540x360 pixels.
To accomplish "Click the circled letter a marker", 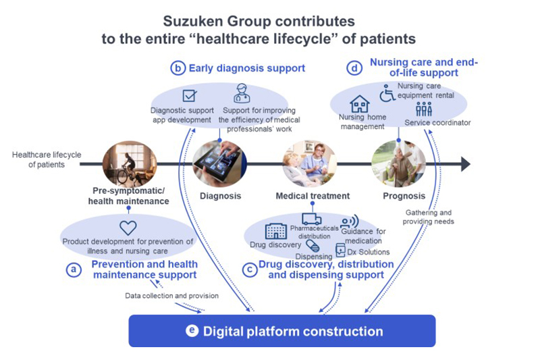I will (x=73, y=269).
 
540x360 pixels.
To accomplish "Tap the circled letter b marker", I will (x=178, y=68).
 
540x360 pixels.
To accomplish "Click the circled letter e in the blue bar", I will (x=192, y=331).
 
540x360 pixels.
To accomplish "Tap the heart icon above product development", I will (x=128, y=228).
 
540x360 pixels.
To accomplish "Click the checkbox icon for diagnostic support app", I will (x=190, y=97).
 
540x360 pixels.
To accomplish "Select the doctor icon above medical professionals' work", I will (x=242, y=93).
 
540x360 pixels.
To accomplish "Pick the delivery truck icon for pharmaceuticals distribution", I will (x=312, y=219).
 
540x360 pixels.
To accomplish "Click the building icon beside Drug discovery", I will (x=275, y=231).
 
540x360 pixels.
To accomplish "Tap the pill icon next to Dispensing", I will (x=312, y=247).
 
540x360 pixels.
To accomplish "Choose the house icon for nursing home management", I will (x=360, y=104).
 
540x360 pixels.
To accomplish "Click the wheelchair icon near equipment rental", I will (x=387, y=93).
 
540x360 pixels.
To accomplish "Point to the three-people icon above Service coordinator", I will (x=424, y=109).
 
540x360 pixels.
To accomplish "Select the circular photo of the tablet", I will (x=219, y=163).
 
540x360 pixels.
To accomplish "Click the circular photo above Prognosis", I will (x=398, y=163).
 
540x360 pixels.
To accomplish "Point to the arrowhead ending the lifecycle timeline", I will (x=464, y=163).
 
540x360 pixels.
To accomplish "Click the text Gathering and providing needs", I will (x=429, y=217).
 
